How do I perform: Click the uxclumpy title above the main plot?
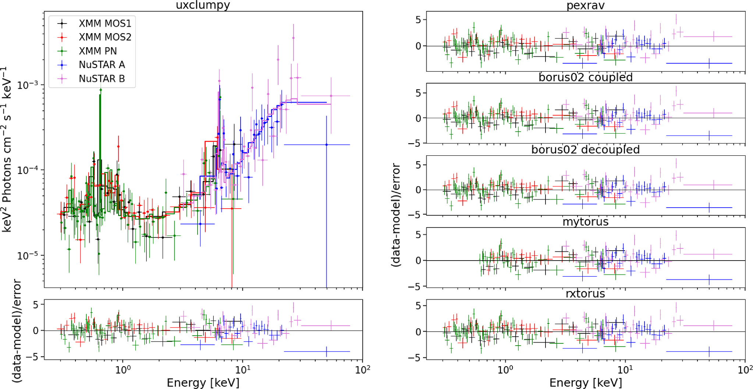tap(203, 5)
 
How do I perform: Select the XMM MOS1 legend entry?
tap(105, 24)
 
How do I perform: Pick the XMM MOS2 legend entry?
tap(105, 37)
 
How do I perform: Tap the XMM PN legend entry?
tap(98, 51)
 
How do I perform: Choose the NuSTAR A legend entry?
tap(102, 65)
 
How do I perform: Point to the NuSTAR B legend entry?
tap(102, 79)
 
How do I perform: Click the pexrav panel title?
tap(585, 6)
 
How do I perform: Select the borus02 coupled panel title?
tap(585, 77)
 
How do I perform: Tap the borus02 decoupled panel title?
tap(585, 149)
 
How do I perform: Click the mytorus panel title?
tap(585, 222)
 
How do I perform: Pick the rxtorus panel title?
tap(585, 294)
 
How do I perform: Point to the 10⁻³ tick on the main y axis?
tap(28, 85)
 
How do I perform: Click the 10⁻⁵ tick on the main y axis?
tap(28, 255)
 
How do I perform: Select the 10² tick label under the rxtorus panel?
tap(745, 369)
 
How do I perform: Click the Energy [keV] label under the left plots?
tap(203, 383)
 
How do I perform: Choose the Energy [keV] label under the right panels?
tap(585, 383)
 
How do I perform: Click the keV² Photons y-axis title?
tap(7, 150)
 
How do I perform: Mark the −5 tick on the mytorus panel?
tap(417, 286)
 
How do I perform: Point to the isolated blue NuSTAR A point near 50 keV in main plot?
tap(326, 145)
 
